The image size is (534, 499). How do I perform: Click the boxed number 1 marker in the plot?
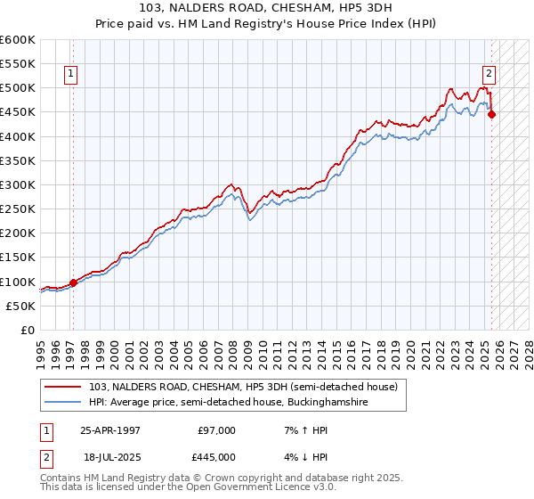tap(70, 75)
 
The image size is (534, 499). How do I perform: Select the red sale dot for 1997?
tap(73, 282)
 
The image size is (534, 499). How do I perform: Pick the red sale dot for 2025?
tap(491, 114)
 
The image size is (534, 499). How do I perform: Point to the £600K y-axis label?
tap(17, 40)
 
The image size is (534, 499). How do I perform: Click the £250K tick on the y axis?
tap(17, 209)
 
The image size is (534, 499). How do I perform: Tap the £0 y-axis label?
tap(27, 330)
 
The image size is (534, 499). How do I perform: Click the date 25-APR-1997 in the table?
tap(109, 430)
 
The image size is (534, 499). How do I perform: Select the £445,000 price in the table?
tap(216, 457)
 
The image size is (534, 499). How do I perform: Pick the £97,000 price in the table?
tap(216, 430)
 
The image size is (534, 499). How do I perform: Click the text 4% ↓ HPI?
tap(296, 457)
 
